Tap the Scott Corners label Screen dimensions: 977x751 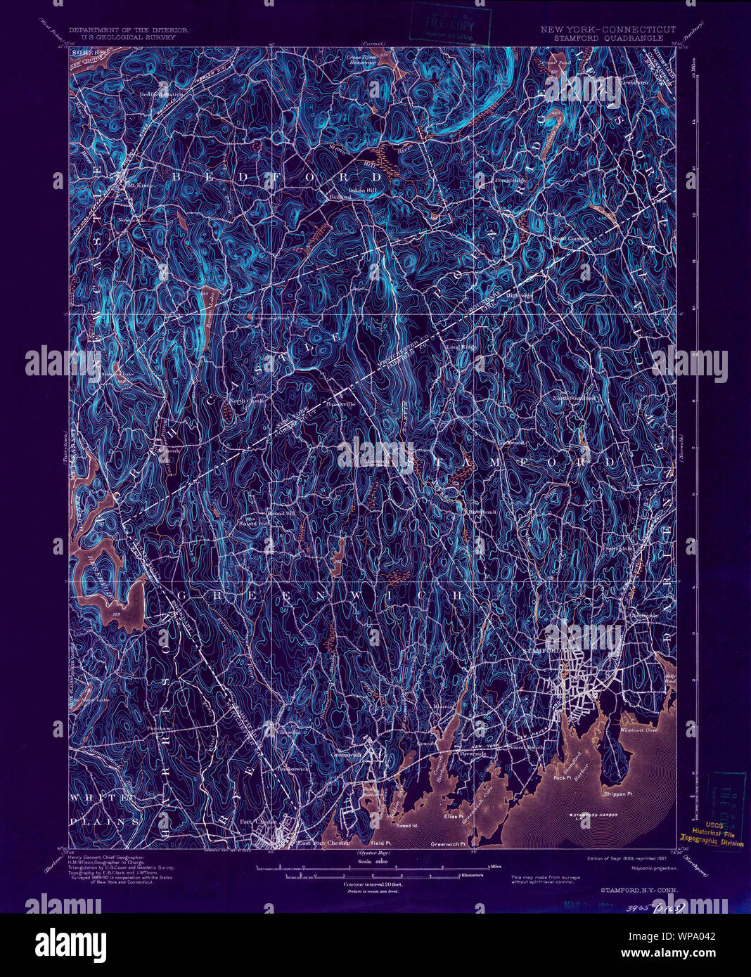571,238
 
